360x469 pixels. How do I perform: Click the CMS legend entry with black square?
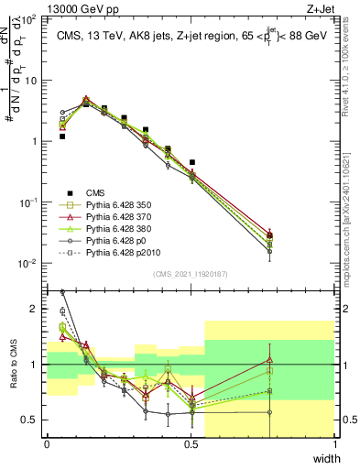[97, 192]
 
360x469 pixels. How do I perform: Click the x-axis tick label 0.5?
[191, 445]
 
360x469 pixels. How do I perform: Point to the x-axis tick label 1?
[334, 445]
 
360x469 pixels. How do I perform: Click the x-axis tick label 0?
[47, 445]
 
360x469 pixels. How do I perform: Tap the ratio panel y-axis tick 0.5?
[31, 420]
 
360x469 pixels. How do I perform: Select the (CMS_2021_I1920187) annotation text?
[190, 275]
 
